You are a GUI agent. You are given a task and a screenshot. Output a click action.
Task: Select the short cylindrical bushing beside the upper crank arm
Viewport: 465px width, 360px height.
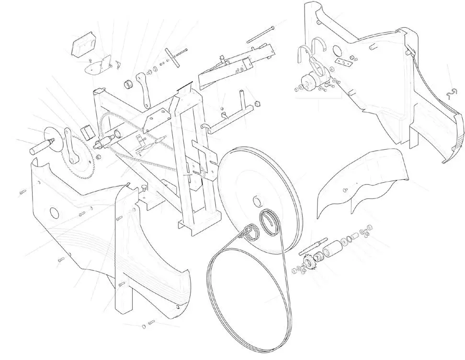coord(128,85)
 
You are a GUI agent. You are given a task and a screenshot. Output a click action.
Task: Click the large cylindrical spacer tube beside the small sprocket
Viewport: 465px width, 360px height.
coord(331,250)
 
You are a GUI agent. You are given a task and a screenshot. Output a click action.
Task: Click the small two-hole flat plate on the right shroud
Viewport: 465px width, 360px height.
coord(343,62)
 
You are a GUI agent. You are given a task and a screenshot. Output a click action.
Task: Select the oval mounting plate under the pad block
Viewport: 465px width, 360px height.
coord(96,68)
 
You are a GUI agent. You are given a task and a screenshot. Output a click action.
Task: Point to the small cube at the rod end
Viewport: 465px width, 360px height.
coord(257,103)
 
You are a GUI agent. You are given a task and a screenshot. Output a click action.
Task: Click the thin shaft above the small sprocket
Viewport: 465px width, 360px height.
coord(312,249)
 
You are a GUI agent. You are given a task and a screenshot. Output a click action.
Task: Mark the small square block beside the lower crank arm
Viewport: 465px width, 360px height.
coord(87,131)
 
